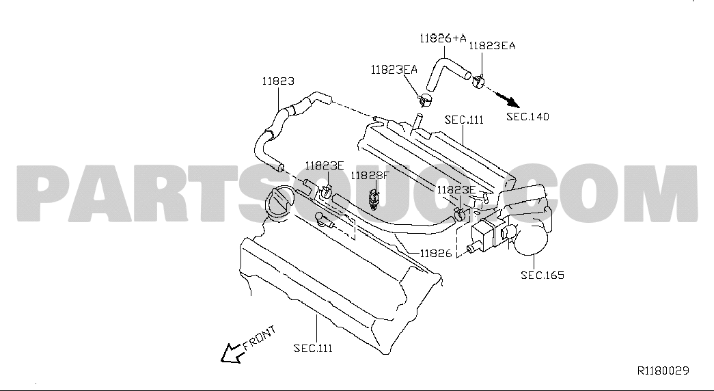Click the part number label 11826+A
click(443, 38)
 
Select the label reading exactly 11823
click(278, 81)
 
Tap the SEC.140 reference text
click(527, 117)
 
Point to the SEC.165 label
click(543, 275)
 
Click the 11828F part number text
click(370, 176)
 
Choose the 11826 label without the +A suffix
click(436, 254)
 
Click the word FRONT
click(260, 338)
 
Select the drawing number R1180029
click(663, 370)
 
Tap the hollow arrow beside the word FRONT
click(232, 353)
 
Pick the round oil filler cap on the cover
click(279, 203)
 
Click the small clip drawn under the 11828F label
click(373, 199)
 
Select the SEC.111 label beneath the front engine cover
click(313, 349)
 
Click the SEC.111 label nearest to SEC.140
click(464, 120)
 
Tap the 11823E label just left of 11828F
click(325, 166)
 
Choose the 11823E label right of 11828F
click(456, 190)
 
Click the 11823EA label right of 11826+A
click(492, 46)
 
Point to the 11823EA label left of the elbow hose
click(394, 70)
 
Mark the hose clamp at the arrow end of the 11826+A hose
click(478, 81)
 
